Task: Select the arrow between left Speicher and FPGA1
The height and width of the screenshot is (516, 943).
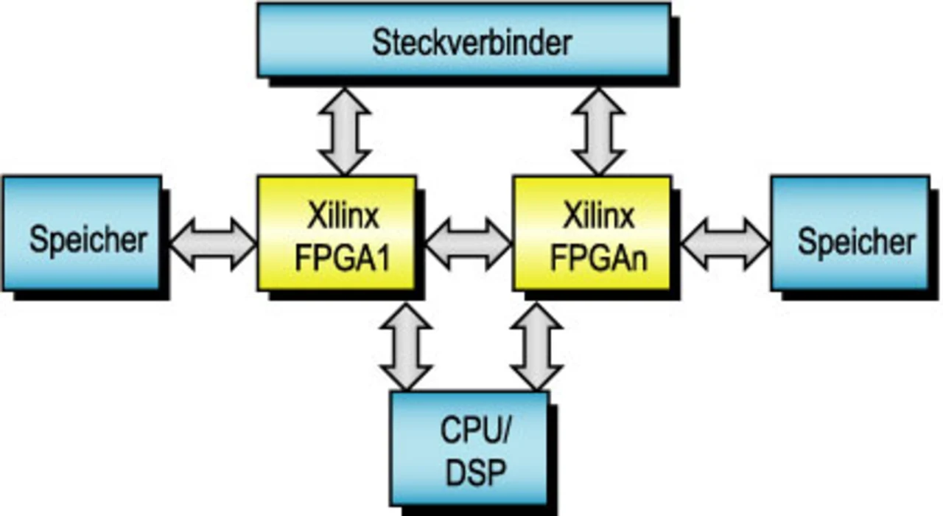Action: tap(212, 243)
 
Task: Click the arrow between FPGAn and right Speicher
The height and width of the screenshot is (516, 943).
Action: tap(724, 243)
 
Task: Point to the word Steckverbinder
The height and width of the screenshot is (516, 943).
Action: tap(471, 43)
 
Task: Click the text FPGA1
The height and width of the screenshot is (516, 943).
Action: tap(343, 259)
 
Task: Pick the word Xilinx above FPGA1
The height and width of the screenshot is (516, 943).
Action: tap(343, 217)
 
